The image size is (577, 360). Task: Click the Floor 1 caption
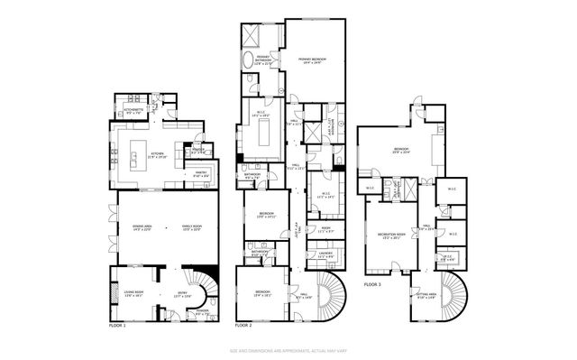117,325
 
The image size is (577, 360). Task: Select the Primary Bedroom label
312,60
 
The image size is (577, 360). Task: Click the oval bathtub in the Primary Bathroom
248,60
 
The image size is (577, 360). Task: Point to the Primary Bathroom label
262,61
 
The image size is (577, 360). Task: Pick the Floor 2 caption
243,325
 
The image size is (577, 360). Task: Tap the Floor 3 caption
372,284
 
